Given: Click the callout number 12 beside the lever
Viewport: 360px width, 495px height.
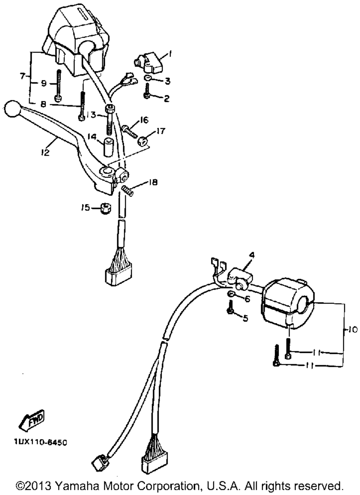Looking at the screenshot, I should [45, 152].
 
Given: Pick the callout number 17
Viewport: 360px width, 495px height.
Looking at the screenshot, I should [161, 131].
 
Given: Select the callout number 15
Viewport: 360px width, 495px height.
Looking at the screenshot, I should [85, 208].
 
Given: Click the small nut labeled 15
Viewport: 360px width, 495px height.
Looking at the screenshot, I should [105, 208].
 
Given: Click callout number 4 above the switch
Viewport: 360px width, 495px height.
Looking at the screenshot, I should [252, 255].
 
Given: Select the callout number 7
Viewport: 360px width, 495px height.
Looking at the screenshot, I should [23, 76].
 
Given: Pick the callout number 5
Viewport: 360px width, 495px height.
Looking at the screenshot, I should [246, 318].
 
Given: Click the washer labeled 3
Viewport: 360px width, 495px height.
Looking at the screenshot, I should [148, 79].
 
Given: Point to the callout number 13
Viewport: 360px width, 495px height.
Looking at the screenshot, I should [91, 115].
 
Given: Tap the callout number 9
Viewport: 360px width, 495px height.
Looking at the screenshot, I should [44, 84].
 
